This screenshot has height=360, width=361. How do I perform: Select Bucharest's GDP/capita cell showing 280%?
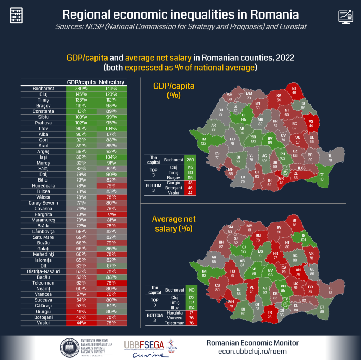[x=81, y=89]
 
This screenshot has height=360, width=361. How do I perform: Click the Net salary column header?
[x=111, y=82]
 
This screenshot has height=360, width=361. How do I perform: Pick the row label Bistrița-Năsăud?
[x=43, y=271]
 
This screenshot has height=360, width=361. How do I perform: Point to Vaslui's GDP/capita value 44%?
[x=81, y=323]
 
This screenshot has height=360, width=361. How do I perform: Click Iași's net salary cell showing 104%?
[x=111, y=157]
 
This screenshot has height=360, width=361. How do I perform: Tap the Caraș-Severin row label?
[x=43, y=203]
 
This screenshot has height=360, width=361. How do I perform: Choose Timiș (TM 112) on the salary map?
[x=204, y=273]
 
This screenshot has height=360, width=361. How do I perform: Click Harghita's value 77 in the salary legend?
[x=192, y=313]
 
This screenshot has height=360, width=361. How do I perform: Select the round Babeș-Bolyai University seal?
[x=69, y=347]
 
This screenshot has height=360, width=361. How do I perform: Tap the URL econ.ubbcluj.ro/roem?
[x=252, y=351]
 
